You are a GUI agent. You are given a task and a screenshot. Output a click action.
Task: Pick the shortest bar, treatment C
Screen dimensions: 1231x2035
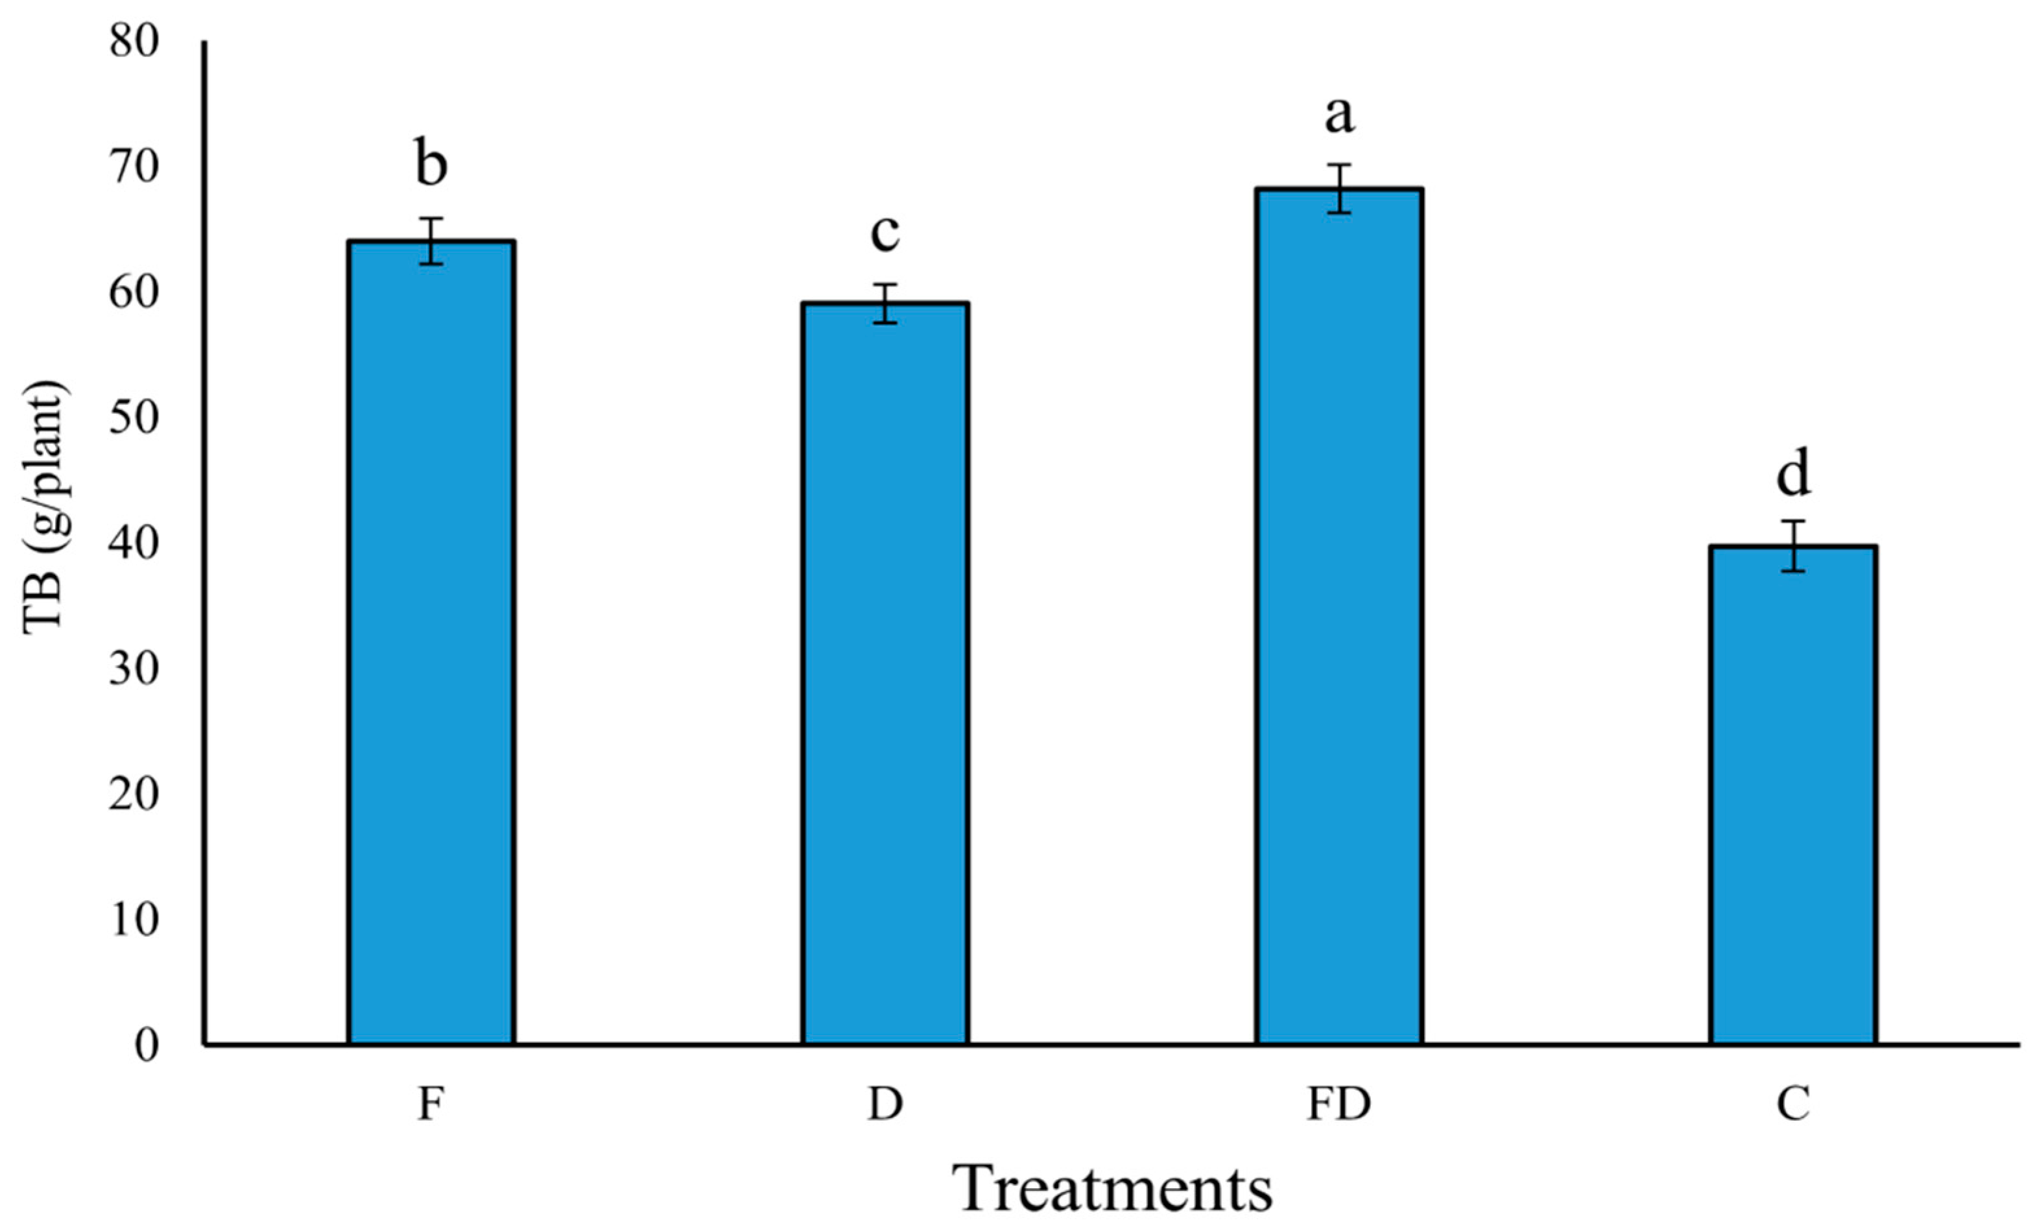(x=1793, y=794)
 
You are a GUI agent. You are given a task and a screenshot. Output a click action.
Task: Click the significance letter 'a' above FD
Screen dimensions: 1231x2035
(x=1339, y=115)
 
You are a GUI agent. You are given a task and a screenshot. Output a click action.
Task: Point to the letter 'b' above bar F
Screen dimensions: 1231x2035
(x=431, y=165)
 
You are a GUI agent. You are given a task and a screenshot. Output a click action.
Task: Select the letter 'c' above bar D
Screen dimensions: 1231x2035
(x=885, y=233)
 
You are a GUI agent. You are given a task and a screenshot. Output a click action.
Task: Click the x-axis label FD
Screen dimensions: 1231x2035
(x=1339, y=1104)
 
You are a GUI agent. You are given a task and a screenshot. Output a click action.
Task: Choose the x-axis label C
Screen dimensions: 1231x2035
(x=1793, y=1104)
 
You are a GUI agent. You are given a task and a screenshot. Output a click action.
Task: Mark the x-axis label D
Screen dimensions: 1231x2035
(x=885, y=1104)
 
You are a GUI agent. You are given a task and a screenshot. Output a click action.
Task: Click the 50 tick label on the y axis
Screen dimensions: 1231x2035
(x=134, y=420)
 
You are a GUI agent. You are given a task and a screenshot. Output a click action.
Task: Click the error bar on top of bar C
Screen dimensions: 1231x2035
(x=1793, y=546)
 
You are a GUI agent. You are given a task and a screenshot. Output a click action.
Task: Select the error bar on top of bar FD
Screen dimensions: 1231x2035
(x=1339, y=188)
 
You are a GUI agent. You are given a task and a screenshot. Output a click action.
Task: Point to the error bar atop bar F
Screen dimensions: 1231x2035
(x=431, y=241)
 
